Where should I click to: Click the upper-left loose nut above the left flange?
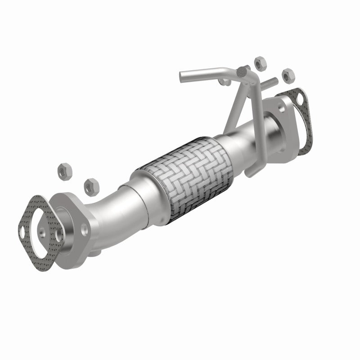click(x=63, y=171)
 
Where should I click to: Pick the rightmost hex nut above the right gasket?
click(x=287, y=75)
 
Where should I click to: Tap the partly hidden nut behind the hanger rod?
click(x=225, y=82)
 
